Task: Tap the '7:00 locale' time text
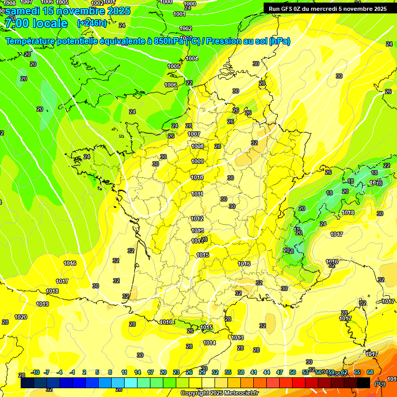(x=36, y=23)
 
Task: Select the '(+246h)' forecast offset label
(x=92, y=23)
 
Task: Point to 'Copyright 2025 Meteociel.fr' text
(x=219, y=393)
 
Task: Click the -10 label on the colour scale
(x=35, y=372)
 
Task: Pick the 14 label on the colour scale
(x=138, y=372)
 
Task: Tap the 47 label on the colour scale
(x=280, y=372)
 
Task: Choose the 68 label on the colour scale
(x=370, y=372)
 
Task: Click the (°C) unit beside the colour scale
(x=379, y=383)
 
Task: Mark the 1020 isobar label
(x=21, y=317)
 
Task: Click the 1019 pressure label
(x=42, y=304)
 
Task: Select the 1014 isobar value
(x=209, y=343)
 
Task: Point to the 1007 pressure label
(x=194, y=134)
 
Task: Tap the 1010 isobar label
(x=197, y=177)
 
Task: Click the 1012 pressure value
(x=197, y=219)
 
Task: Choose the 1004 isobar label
(x=192, y=58)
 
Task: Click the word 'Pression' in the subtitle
(x=226, y=41)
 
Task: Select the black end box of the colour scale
(x=363, y=383)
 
